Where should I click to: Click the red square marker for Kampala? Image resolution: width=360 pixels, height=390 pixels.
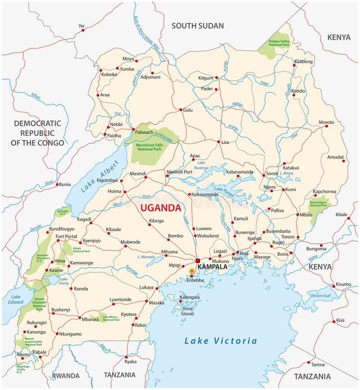tap(198, 260)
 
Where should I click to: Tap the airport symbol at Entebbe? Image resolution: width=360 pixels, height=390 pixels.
tap(192, 271)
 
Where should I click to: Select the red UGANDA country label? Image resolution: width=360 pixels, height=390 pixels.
tap(161, 208)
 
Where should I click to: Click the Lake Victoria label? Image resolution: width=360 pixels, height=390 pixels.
tap(220, 341)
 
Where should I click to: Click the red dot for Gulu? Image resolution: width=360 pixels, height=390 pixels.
tap(181, 110)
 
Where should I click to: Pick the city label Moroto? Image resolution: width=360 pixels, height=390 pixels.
tap(327, 122)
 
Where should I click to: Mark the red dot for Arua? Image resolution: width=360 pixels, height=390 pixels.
tap(98, 95)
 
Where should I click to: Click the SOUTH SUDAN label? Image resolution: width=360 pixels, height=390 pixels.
tap(198, 26)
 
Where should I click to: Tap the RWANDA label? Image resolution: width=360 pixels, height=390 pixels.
tap(66, 376)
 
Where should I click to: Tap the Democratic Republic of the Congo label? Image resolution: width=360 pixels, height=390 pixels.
tap(37, 133)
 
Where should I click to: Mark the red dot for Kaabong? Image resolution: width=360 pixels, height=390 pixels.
tap(295, 66)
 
